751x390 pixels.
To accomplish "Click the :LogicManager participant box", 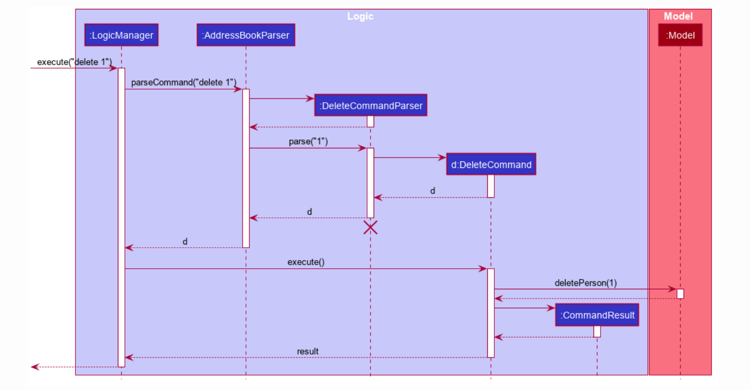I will click(121, 35).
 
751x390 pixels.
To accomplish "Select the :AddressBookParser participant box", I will click(246, 35).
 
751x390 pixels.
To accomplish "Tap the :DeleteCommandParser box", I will click(370, 105).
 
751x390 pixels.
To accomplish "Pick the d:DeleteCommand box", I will click(491, 164).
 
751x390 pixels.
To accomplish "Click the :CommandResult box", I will click(597, 315).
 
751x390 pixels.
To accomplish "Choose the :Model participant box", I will click(680, 35).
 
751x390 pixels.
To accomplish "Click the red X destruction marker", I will click(370, 228).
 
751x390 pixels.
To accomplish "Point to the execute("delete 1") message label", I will click(74, 62).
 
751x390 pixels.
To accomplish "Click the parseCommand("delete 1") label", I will click(184, 83).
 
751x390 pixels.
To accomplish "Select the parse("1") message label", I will click(308, 141).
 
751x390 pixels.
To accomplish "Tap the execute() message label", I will click(306, 262).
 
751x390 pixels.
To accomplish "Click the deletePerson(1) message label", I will click(585, 283).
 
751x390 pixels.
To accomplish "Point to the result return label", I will click(307, 351).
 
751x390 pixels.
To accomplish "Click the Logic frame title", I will click(360, 16).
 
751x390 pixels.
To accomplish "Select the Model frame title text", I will click(678, 16).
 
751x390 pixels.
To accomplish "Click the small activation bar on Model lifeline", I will click(680, 294).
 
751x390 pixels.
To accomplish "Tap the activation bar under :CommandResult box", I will click(597, 331).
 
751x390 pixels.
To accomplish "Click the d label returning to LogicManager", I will click(185, 242).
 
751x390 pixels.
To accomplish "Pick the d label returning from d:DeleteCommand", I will click(432, 191).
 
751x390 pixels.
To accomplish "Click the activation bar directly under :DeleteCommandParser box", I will click(370, 121).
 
